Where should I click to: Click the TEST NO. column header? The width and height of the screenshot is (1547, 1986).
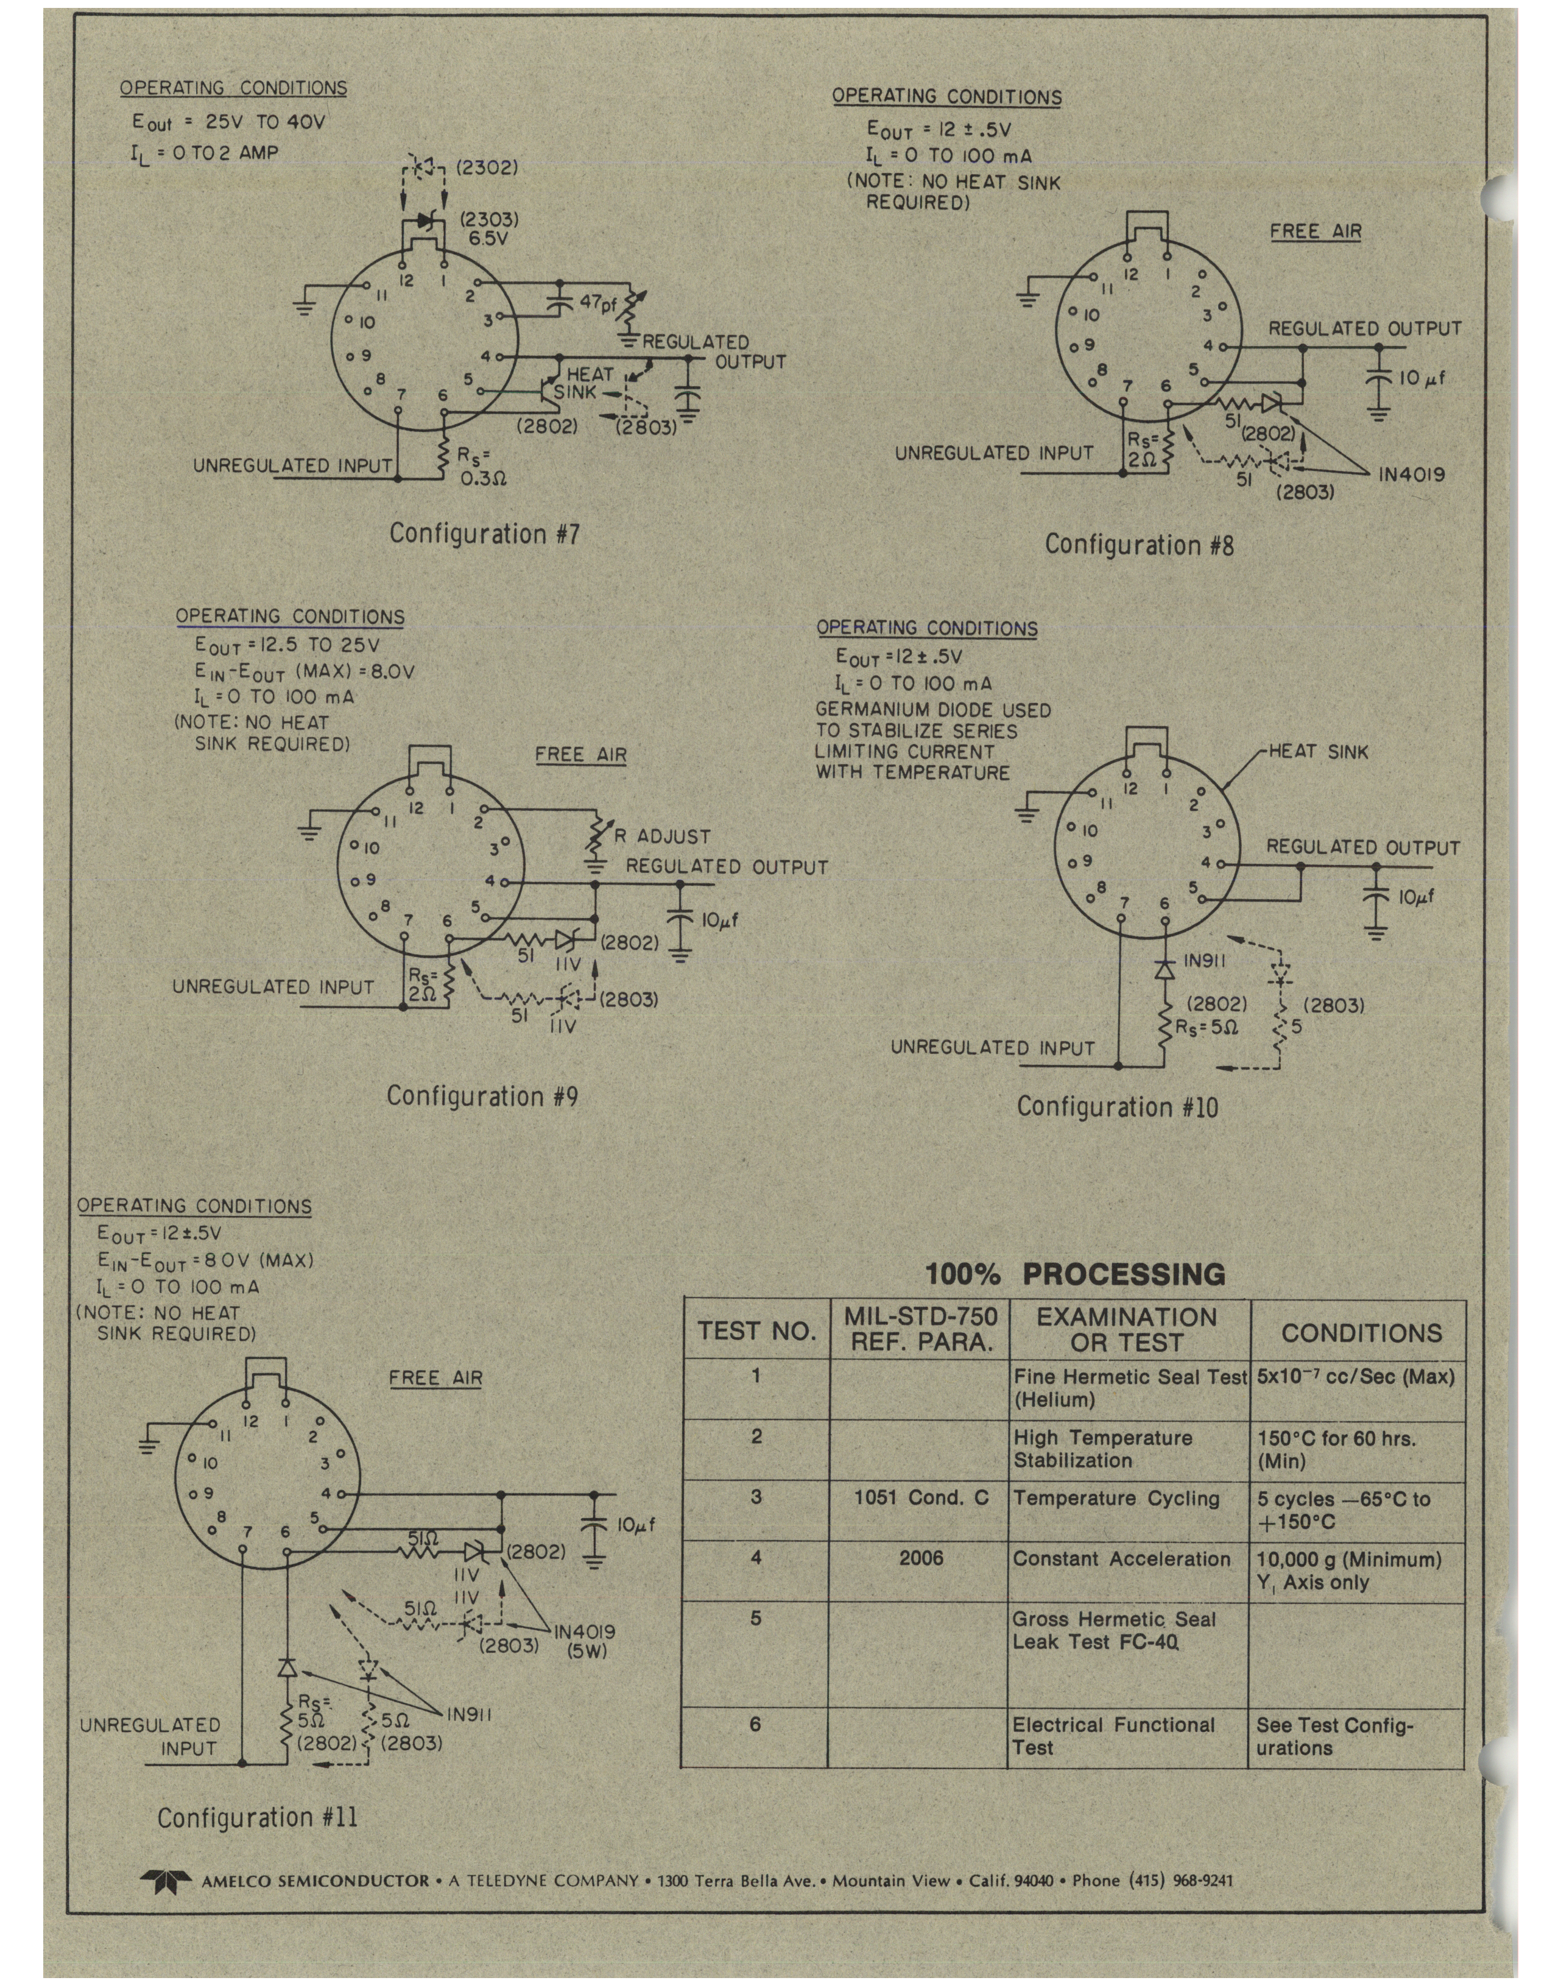click(x=756, y=1331)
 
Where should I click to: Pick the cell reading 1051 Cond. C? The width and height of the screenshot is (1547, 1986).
click(x=921, y=1497)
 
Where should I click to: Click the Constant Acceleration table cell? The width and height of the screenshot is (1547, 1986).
click(x=1122, y=1558)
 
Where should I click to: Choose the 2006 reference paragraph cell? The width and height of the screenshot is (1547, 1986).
click(x=921, y=1558)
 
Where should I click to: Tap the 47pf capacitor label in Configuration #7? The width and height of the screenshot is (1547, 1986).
click(x=598, y=303)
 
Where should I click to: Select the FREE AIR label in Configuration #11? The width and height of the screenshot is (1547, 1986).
click(x=435, y=1377)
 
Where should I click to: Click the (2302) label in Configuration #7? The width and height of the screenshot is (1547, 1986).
click(x=487, y=168)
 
